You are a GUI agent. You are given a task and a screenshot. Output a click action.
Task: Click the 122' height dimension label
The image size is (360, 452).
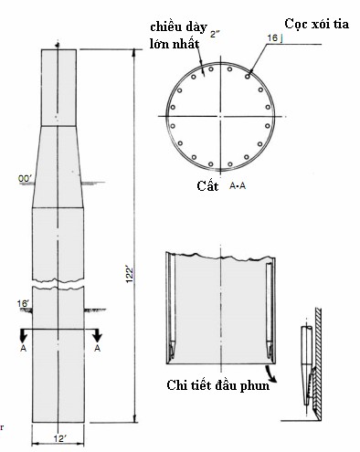[x=130, y=275]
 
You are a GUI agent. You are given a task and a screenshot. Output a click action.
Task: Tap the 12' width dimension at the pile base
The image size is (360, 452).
[x=60, y=439]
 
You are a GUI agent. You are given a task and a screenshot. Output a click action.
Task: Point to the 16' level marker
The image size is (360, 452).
[x=23, y=303]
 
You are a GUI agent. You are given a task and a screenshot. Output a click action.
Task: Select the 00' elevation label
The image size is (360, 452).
[x=25, y=179]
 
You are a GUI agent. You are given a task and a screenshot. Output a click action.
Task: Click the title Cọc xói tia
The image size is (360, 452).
[x=317, y=24]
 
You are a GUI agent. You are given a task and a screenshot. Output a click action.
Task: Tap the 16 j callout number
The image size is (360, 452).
[x=275, y=38]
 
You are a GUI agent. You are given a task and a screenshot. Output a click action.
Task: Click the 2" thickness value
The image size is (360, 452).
[x=215, y=34]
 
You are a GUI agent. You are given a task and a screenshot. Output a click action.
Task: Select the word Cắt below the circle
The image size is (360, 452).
[x=207, y=185]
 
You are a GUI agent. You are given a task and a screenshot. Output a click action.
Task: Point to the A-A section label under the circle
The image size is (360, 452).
[x=238, y=185]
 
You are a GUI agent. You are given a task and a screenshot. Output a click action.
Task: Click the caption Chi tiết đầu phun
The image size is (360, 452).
[x=218, y=385]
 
